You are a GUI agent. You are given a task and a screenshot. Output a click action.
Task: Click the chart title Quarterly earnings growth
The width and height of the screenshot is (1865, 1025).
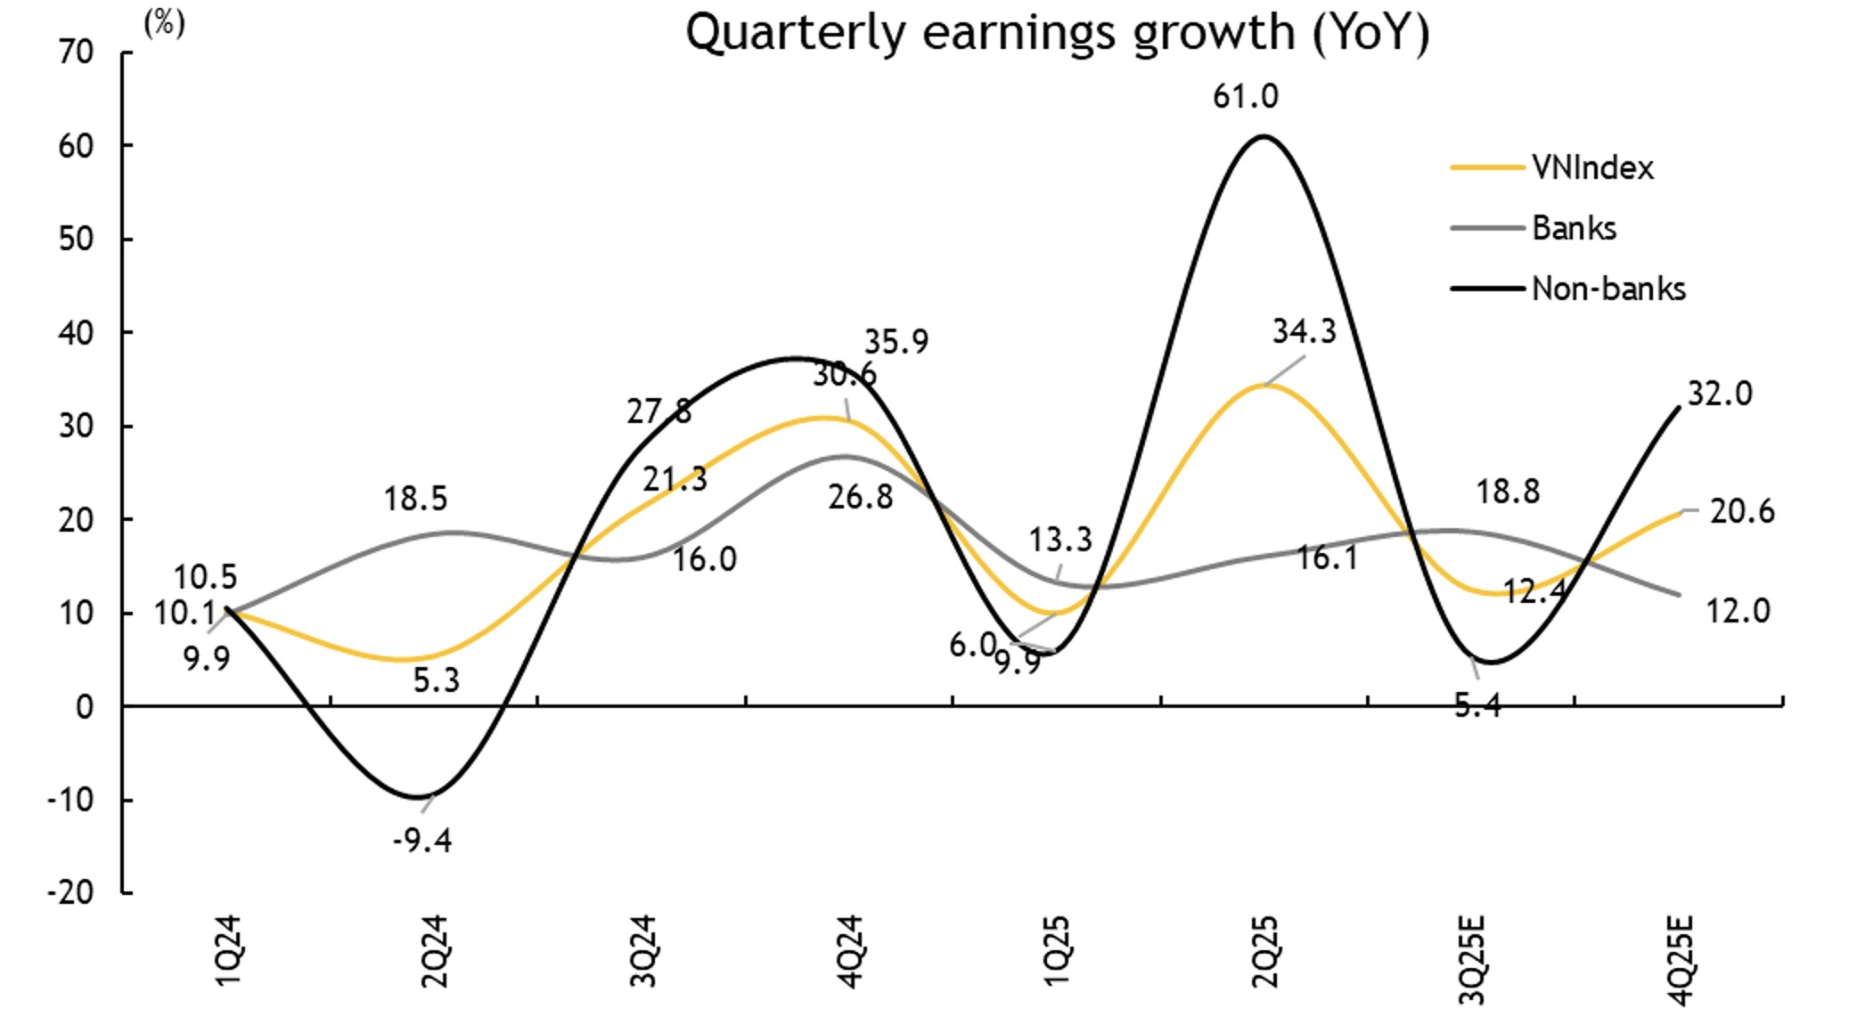(x=1057, y=34)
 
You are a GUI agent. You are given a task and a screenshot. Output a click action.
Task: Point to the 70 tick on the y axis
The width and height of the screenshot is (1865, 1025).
(x=76, y=53)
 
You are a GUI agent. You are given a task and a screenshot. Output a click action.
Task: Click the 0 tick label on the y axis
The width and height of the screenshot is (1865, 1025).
(x=85, y=707)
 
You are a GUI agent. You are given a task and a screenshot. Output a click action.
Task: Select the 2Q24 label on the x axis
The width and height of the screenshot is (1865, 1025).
(x=436, y=950)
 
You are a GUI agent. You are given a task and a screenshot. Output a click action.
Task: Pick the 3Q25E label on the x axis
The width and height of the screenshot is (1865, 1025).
(x=1472, y=958)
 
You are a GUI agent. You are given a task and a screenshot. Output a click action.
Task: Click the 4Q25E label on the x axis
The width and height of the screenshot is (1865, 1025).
(x=1680, y=958)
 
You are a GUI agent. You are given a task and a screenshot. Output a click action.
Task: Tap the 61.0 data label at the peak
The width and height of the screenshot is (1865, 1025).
(x=1245, y=96)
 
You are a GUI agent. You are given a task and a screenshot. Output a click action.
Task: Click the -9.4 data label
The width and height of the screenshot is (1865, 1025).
(x=422, y=840)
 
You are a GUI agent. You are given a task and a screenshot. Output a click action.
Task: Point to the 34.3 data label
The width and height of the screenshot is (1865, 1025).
(x=1305, y=331)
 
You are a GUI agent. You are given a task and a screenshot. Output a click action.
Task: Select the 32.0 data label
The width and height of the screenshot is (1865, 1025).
(x=1720, y=394)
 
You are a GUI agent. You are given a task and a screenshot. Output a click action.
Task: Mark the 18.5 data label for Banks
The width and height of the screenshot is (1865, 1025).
(x=415, y=499)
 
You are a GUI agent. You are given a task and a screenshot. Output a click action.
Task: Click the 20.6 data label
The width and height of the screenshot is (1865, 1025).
(x=1742, y=512)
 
